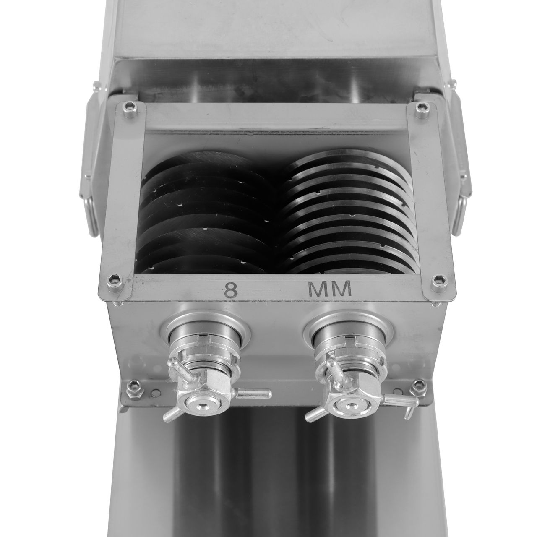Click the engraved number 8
click(x=231, y=291)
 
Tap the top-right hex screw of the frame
click(x=422, y=110)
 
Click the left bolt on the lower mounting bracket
click(x=135, y=389)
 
